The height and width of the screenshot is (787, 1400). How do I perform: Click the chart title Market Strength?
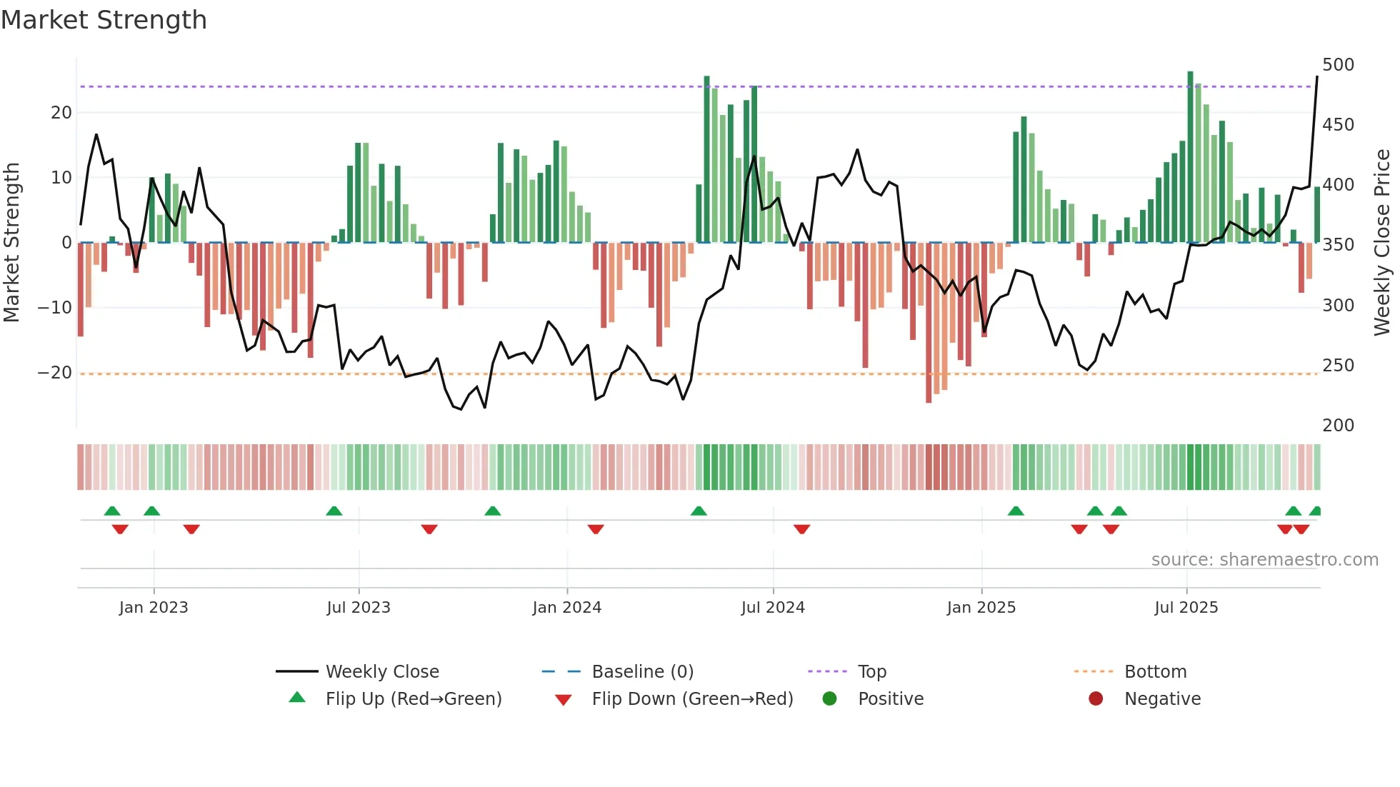coord(104,20)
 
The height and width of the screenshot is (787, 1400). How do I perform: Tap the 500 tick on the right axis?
coord(1338,65)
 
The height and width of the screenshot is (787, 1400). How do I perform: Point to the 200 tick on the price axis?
coord(1338,426)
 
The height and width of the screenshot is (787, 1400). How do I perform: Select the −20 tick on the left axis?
coord(54,373)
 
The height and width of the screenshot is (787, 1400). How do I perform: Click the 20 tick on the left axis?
coord(61,113)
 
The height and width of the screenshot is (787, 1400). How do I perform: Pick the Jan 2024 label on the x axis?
coord(566,608)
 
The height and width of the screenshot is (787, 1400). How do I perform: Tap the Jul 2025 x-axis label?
coord(1186,608)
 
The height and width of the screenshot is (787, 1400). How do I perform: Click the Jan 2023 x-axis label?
coord(154,608)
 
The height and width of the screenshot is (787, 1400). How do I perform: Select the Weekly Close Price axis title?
coord(1382,243)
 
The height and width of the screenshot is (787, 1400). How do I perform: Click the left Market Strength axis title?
coord(11,243)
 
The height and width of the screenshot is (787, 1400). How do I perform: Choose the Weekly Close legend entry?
coord(381,672)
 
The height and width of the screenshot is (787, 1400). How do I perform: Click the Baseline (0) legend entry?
coord(642,672)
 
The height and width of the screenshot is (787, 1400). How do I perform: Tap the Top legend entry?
coord(871,672)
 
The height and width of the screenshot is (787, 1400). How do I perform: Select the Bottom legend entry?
coord(1155,672)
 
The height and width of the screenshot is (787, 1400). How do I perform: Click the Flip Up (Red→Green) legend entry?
coord(413,699)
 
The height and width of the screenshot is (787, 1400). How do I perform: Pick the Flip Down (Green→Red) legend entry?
coord(691,699)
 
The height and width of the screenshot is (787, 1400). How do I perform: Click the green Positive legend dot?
coord(829,699)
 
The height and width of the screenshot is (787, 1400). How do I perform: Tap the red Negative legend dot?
coord(1095,699)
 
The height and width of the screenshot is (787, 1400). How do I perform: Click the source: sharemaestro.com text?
coord(1264,560)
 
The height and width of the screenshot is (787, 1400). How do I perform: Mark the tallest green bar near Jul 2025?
coord(1190,157)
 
